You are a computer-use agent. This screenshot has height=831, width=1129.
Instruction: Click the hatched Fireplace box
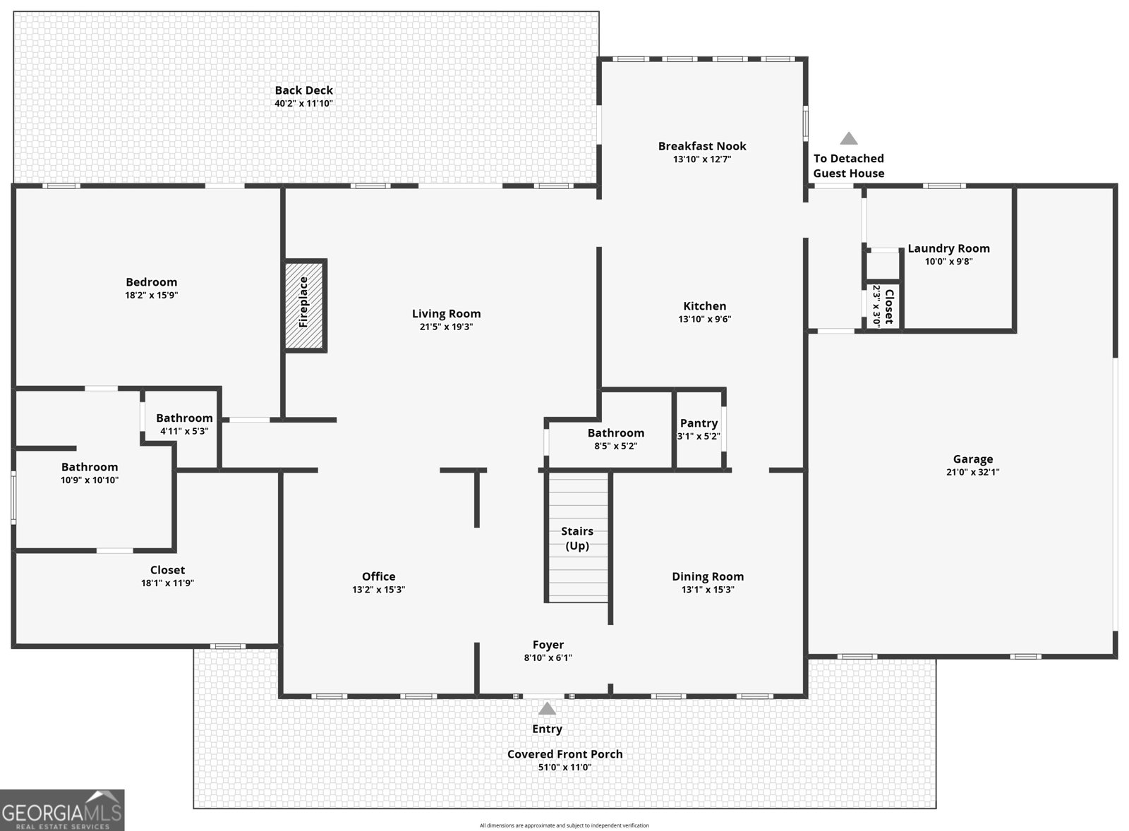pyautogui.click(x=305, y=305)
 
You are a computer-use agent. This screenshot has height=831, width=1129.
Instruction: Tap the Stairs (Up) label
pyautogui.click(x=576, y=538)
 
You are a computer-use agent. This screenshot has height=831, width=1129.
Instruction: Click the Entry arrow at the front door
pyautogui.click(x=547, y=709)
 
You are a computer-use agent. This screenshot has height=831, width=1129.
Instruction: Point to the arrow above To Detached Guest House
pyautogui.click(x=848, y=138)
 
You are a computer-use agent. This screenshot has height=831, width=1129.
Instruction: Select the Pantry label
pyautogui.click(x=699, y=423)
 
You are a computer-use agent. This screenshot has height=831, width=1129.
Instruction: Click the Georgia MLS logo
pyautogui.click(x=62, y=810)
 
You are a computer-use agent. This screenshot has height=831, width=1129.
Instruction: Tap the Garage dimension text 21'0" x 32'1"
pyautogui.click(x=972, y=473)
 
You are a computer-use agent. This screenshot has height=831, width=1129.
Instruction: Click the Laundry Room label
pyautogui.click(x=948, y=248)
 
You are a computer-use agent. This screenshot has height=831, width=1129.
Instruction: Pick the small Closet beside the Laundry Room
pyautogui.click(x=882, y=306)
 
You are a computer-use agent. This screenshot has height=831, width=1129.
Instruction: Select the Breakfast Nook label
pyautogui.click(x=702, y=146)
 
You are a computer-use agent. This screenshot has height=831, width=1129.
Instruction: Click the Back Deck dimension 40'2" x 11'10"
pyautogui.click(x=303, y=104)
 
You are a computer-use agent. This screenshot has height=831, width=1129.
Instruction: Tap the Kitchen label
pyautogui.click(x=704, y=306)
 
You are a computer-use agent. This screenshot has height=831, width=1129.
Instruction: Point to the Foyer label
pyautogui.click(x=548, y=645)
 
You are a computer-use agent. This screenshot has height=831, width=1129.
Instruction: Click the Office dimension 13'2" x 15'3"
pyautogui.click(x=378, y=590)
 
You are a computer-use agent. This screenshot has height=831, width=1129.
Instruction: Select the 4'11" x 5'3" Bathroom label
pyautogui.click(x=184, y=418)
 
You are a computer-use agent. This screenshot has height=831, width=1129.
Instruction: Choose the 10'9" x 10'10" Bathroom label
pyautogui.click(x=90, y=467)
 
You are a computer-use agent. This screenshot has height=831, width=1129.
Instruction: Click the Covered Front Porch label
pyautogui.click(x=564, y=754)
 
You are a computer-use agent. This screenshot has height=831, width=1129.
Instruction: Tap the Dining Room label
pyautogui.click(x=707, y=576)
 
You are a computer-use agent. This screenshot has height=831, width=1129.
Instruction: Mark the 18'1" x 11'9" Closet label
pyautogui.click(x=167, y=570)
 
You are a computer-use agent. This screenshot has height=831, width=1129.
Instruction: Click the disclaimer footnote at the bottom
pyautogui.click(x=564, y=825)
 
